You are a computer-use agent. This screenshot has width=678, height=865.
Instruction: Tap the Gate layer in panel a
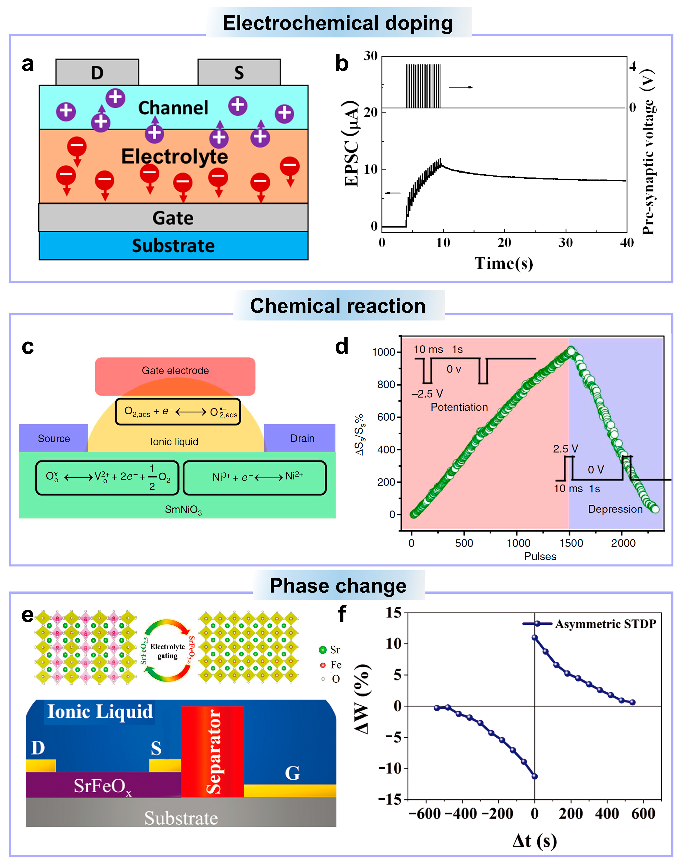(x=173, y=218)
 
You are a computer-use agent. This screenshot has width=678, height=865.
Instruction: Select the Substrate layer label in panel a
(x=173, y=246)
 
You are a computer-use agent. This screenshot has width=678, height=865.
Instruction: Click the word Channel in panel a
(x=173, y=108)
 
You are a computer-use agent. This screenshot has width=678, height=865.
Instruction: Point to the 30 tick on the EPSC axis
(x=370, y=56)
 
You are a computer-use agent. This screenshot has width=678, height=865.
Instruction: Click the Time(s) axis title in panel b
(x=504, y=263)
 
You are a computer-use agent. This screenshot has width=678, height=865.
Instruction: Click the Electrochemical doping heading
(x=338, y=23)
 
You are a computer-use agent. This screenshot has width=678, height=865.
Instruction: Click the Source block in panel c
(x=53, y=438)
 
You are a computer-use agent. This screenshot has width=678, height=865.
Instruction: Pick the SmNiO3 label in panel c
(x=183, y=510)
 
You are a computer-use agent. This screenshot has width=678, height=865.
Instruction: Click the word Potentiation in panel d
(x=459, y=407)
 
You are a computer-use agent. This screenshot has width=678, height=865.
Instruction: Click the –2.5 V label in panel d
(x=427, y=394)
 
